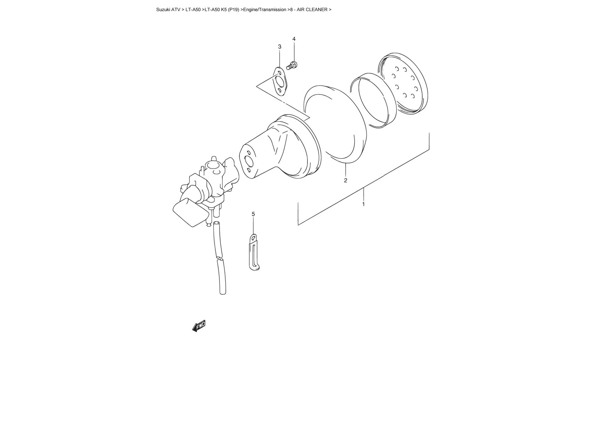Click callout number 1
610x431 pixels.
click(363, 204)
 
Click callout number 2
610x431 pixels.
click(345, 180)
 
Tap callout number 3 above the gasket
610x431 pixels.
click(280, 47)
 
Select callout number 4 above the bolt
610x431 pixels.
click(294, 39)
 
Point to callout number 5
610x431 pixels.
click(253, 214)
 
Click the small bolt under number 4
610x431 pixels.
click(292, 65)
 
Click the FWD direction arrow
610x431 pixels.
click(199, 326)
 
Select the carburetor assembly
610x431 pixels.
click(205, 191)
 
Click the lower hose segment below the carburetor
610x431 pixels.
click(221, 277)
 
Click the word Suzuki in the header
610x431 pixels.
click(163, 10)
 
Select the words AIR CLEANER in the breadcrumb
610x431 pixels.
click(312, 10)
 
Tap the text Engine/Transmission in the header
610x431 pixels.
click(265, 10)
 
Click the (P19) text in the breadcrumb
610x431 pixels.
click(234, 10)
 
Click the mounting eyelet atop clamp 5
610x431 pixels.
click(254, 238)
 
